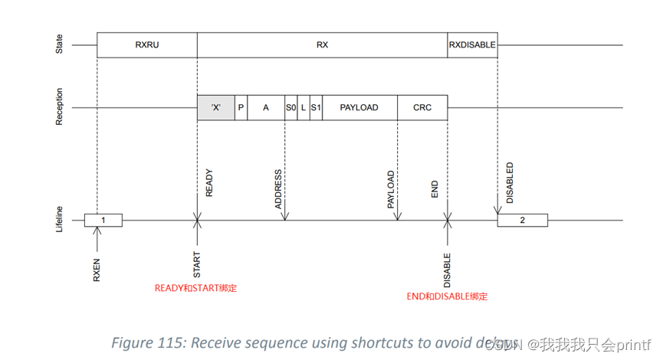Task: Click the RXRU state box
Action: [147, 45]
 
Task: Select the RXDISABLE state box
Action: [472, 45]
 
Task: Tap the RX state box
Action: [322, 45]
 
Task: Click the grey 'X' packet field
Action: [216, 108]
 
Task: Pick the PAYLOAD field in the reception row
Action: [359, 108]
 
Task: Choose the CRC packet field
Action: [422, 108]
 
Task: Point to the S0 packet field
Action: [290, 108]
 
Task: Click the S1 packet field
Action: [316, 108]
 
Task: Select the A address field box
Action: [266, 108]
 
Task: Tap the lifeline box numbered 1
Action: [103, 221]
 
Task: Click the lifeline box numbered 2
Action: [522, 221]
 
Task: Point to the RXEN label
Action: [97, 270]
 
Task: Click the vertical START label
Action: [197, 264]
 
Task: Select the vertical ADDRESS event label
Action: [279, 189]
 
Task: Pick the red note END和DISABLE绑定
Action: [447, 296]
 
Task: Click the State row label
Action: [60, 45]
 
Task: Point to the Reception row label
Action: [60, 108]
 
